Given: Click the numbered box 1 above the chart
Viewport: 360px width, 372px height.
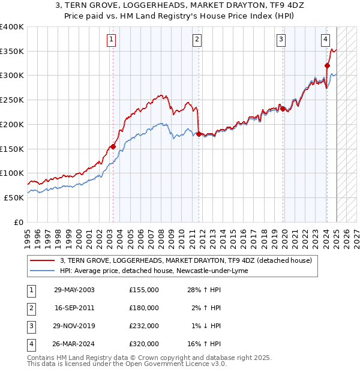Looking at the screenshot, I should click(112, 40).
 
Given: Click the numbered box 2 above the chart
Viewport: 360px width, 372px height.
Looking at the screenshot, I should click(197, 40).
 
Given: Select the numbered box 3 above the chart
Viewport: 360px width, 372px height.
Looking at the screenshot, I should click(281, 40).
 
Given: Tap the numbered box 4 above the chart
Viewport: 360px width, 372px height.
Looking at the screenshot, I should click(325, 40).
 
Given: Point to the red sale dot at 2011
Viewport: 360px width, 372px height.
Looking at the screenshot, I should click(199, 134).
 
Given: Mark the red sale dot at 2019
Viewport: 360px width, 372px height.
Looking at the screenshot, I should click(282, 109).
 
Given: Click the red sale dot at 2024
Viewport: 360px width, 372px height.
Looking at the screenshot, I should click(327, 66).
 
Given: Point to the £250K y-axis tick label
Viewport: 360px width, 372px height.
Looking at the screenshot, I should click(12, 100).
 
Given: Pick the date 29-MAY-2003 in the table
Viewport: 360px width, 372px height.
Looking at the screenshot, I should click(74, 290).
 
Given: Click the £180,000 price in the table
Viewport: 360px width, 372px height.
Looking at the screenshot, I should click(144, 308).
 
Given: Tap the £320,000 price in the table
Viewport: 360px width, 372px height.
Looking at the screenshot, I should click(144, 344).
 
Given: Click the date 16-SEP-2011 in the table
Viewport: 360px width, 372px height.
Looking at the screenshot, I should click(74, 308).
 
